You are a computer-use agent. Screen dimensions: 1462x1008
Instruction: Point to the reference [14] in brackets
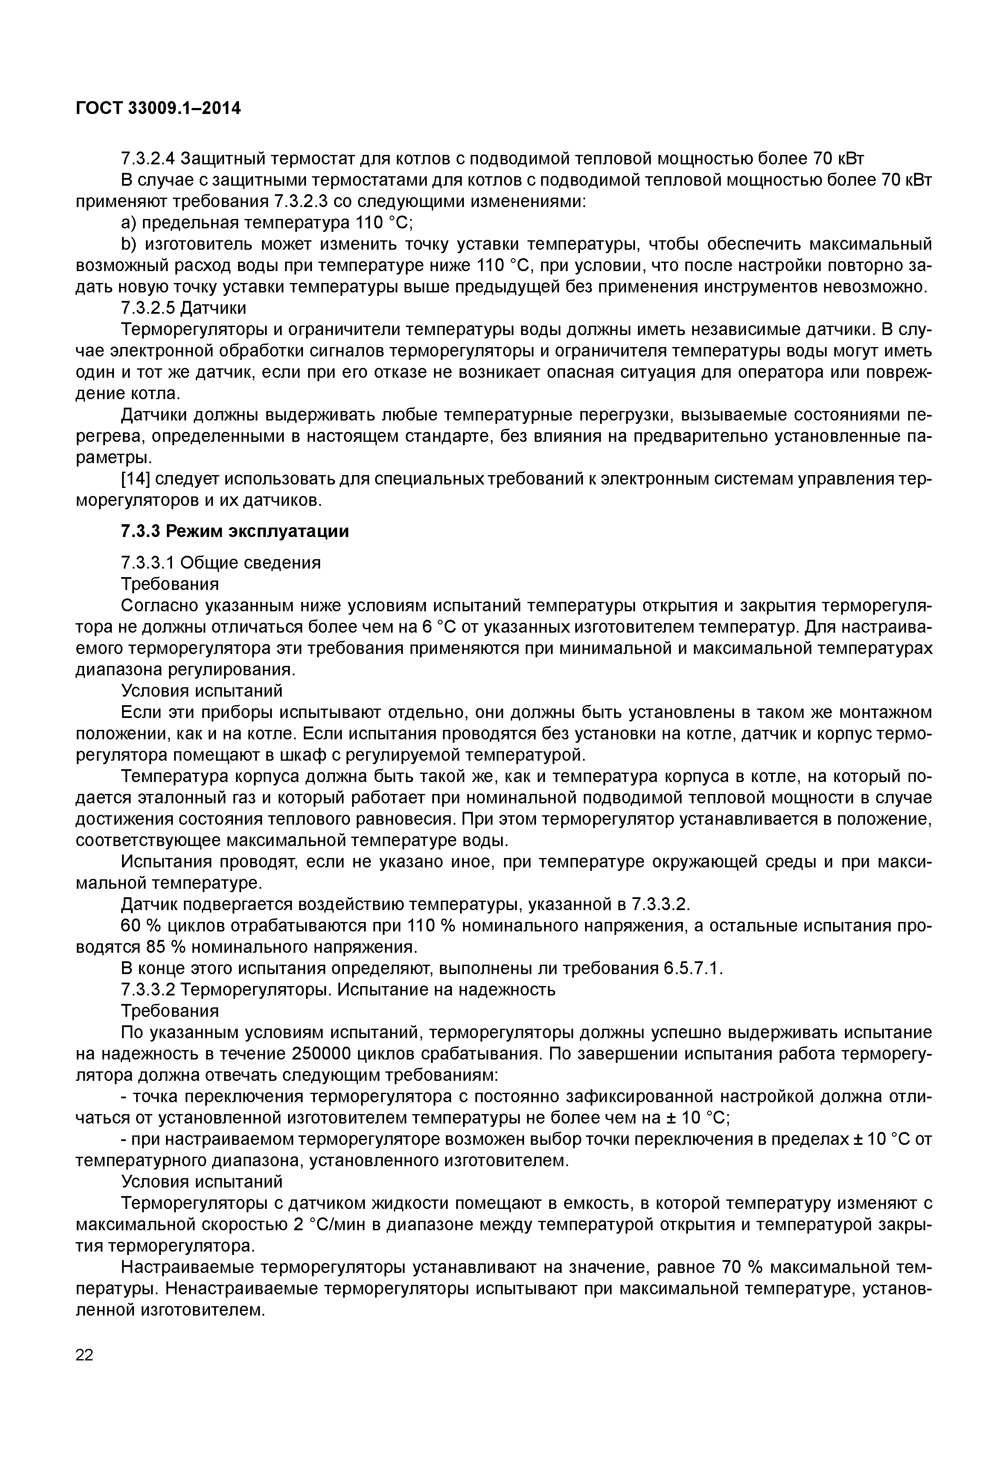coord(136,479)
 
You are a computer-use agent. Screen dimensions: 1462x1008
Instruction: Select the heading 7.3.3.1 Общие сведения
coord(221,562)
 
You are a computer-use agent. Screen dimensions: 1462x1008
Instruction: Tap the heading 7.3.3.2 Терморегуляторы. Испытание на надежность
coord(338,989)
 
